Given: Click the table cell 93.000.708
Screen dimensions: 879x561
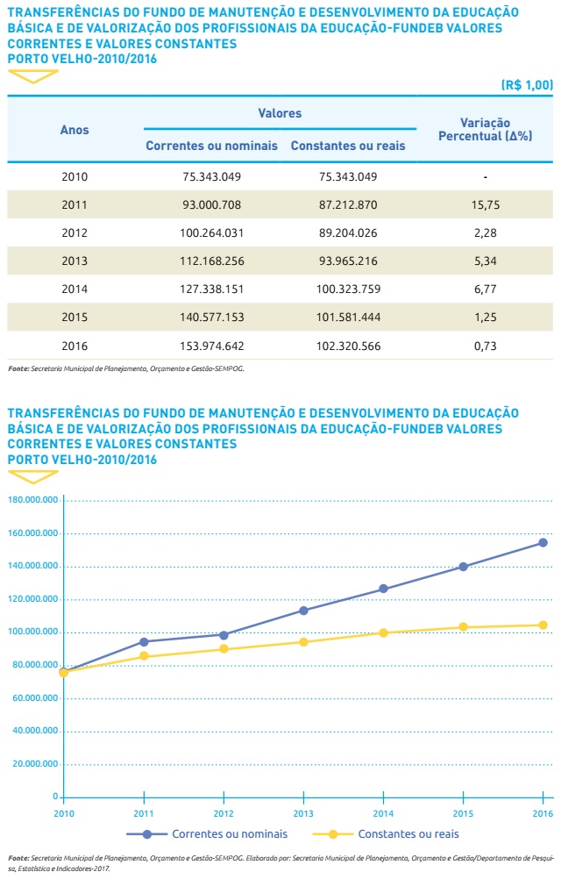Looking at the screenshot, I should click(211, 204).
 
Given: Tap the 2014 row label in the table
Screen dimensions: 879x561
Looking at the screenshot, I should click(75, 289).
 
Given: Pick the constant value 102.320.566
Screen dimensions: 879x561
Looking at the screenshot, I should click(347, 346).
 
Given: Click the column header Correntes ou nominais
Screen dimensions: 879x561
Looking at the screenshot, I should click(211, 145).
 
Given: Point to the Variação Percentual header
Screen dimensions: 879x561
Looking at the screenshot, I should click(485, 130).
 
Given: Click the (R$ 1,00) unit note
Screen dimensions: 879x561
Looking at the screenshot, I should click(527, 85).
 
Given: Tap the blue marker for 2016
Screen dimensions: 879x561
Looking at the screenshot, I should click(543, 542).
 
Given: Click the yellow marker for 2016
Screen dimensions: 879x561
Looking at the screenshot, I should click(543, 625).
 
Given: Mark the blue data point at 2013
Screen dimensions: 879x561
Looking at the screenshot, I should click(303, 610).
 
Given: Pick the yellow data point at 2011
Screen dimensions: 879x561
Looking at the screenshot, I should click(143, 656).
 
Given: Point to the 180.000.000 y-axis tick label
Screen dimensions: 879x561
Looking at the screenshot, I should click(32, 500).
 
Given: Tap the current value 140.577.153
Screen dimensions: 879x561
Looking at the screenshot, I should click(211, 318).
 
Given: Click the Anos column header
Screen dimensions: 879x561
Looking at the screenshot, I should click(75, 130).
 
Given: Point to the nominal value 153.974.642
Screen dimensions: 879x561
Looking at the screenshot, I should click(211, 346).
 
